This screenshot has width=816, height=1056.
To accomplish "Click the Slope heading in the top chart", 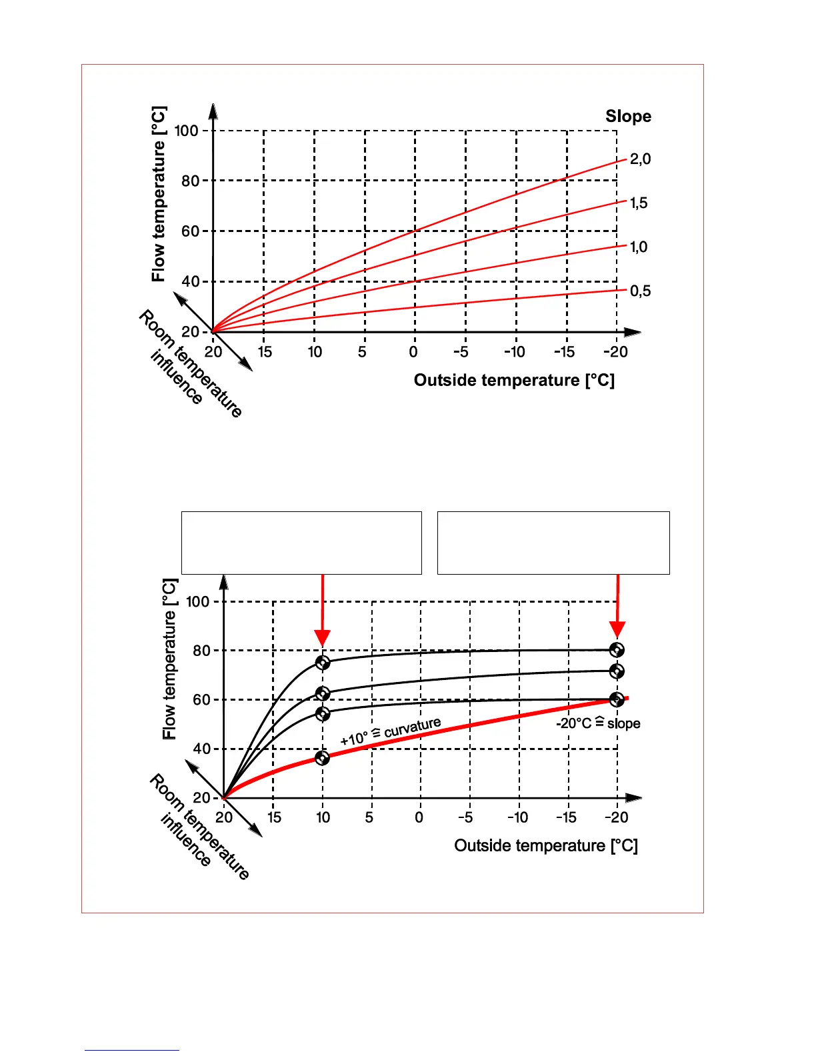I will point(628,116).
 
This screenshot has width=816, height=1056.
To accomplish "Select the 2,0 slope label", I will point(640,159).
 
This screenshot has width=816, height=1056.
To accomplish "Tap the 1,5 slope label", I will point(639,203).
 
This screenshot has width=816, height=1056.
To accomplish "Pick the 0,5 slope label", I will point(640,291).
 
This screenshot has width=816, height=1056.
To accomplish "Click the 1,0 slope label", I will point(639,247).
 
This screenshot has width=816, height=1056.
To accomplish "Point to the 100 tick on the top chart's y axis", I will point(187,131).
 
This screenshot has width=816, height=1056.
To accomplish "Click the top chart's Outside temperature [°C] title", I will point(514,381).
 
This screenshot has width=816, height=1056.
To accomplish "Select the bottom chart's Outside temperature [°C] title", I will point(546,846).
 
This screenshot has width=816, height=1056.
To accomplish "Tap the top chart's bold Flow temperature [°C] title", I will point(159,194).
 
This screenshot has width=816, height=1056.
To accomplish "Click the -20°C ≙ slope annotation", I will point(598,724).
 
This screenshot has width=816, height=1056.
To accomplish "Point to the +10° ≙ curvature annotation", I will point(391,732).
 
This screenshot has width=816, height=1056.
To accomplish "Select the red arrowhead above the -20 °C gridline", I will point(617,629).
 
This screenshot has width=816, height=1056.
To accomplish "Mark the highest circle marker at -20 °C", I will point(617,650).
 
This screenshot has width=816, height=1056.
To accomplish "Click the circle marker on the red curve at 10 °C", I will point(323,758).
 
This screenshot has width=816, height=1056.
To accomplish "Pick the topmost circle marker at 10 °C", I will point(323,663).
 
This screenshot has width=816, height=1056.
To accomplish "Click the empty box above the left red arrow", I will point(301,543).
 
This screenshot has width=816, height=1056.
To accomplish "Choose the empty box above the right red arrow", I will point(553,543).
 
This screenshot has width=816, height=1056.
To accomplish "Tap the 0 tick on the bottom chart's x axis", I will point(419,817).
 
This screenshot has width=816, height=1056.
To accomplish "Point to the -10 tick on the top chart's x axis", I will point(515,352).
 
